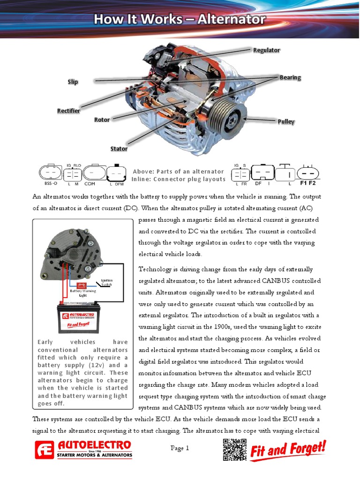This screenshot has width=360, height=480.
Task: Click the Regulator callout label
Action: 266,50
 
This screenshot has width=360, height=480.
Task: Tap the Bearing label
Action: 290,77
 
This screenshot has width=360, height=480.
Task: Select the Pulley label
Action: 286,122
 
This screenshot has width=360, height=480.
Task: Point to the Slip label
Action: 73,82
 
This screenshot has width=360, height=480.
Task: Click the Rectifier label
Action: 68,111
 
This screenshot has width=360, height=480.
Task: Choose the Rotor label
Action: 102,120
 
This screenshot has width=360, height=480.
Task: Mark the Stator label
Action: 119,149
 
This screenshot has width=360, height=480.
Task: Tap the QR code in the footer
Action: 234,450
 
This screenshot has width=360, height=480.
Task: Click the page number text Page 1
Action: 180,448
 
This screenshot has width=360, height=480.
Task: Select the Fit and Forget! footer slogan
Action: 288,451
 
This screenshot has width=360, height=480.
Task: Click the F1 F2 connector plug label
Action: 308,183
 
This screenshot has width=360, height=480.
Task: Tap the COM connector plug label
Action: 90,184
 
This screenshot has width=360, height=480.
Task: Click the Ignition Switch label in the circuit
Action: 107,283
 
